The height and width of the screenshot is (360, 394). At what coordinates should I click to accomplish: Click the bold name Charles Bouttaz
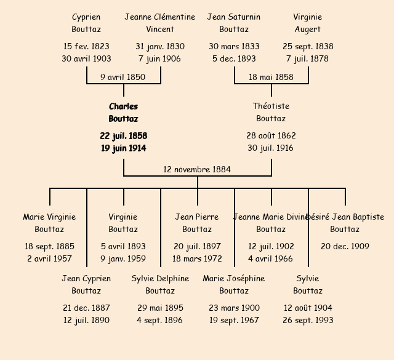pyautogui.click(x=123, y=113)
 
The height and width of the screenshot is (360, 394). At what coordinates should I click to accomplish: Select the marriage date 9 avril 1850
pyautogui.click(x=123, y=77)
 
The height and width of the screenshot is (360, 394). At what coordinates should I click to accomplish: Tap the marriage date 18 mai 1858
pyautogui.click(x=271, y=77)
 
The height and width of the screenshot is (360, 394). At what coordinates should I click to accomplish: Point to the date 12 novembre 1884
pyautogui.click(x=197, y=169)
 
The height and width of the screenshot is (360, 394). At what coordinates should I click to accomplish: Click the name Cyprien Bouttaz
pyautogui.click(x=86, y=23)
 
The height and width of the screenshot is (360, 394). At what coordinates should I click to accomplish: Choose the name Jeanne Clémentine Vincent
pyautogui.click(x=160, y=23)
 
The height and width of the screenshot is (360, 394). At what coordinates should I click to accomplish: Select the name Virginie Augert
pyautogui.click(x=308, y=23)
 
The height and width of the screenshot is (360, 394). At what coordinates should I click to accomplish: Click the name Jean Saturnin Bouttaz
pyautogui.click(x=234, y=23)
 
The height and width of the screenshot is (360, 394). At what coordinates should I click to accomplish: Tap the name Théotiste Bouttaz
pyautogui.click(x=271, y=113)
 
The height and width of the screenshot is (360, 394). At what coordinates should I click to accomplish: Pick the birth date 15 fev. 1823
pyautogui.click(x=86, y=46)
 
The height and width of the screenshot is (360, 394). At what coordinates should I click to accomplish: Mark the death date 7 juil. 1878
pyautogui.click(x=308, y=58)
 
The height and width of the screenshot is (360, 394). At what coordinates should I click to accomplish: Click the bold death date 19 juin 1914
pyautogui.click(x=123, y=148)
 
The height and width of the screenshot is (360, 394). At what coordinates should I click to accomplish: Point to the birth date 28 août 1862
pyautogui.click(x=271, y=135)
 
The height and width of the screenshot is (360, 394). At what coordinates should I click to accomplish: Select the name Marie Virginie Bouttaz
pyautogui.click(x=49, y=223)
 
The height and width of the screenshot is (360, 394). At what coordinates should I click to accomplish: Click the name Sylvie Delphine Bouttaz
pyautogui.click(x=160, y=284)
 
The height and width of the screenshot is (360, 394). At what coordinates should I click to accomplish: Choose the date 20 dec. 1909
pyautogui.click(x=345, y=246)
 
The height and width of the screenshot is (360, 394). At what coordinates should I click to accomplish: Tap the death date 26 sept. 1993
pyautogui.click(x=308, y=320)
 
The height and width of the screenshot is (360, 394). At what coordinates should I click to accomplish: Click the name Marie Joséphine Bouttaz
pyautogui.click(x=234, y=284)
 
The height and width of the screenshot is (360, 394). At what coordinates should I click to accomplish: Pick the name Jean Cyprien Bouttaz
pyautogui.click(x=86, y=284)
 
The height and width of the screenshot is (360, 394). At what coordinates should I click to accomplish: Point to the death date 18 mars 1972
pyautogui.click(x=197, y=258)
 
